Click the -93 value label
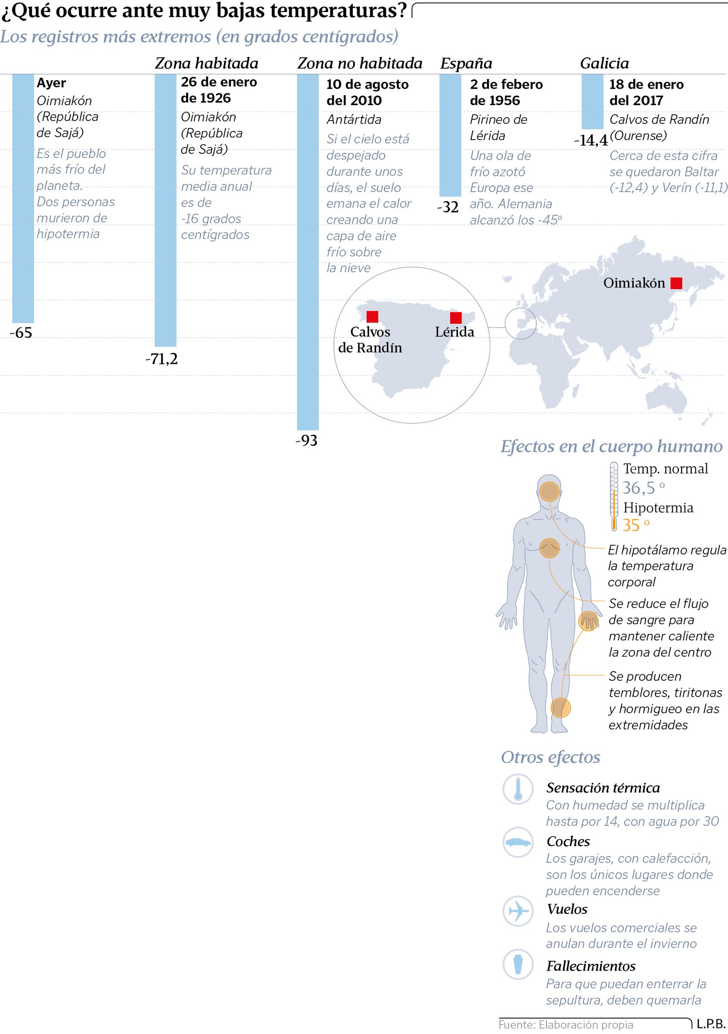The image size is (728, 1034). tap(306, 440)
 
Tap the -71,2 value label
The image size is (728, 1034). tap(161, 359)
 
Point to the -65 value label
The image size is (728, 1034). tap(21, 333)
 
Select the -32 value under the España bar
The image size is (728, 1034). tap(448, 207)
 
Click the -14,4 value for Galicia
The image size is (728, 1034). tap(591, 140)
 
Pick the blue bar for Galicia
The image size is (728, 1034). tap(592, 101)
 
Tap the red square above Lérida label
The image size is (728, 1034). tap(456, 318)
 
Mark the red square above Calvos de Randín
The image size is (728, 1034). tap(372, 316)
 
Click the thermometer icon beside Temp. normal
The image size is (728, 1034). tap(613, 496)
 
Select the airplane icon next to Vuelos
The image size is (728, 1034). tap(518, 911)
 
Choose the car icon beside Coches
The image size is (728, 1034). tap(518, 842)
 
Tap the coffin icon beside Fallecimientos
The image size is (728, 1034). tap(518, 965)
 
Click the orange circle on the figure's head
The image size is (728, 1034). tap(549, 491)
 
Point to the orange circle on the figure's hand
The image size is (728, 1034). tap(588, 621)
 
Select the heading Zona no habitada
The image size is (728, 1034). tap(360, 63)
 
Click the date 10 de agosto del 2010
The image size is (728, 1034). tap(367, 92)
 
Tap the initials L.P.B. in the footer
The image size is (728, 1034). tap(711, 1024)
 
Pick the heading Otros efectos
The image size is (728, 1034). tap(550, 757)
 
